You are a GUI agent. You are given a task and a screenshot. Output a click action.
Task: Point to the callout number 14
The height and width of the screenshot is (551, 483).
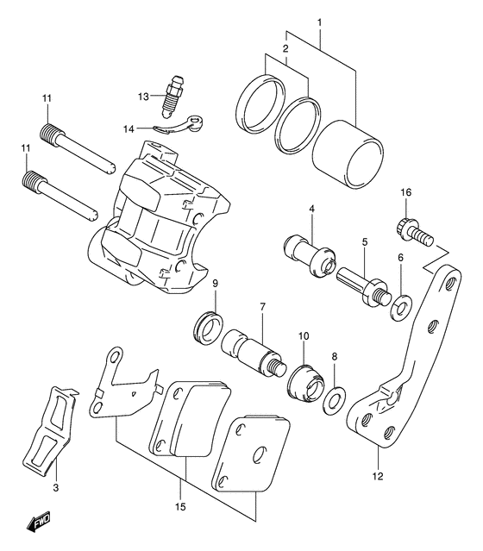click(x=127, y=128)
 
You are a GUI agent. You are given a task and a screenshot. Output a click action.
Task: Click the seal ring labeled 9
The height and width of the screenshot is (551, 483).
click(x=210, y=329)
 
